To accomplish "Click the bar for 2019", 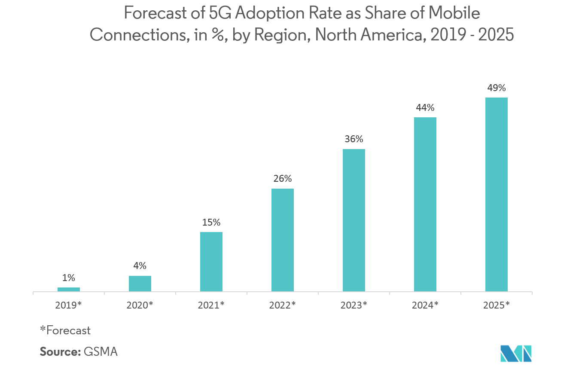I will pyautogui.click(x=69, y=290).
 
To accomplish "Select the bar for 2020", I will pyautogui.click(x=140, y=284).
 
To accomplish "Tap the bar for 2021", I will pyautogui.click(x=211, y=262).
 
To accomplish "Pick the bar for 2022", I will pyautogui.click(x=283, y=240).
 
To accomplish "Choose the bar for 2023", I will pyautogui.click(x=354, y=220).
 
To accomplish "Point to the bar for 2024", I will pyautogui.click(x=425, y=205).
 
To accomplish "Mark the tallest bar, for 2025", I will pyautogui.click(x=497, y=195).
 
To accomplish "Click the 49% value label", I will pyautogui.click(x=497, y=88).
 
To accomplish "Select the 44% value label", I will pyautogui.click(x=425, y=107).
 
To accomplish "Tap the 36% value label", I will pyautogui.click(x=354, y=139).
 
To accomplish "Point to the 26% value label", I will pyautogui.click(x=283, y=179).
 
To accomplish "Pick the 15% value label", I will pyautogui.click(x=211, y=222).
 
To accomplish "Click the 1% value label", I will pyautogui.click(x=69, y=278).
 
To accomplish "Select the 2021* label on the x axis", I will pyautogui.click(x=211, y=305).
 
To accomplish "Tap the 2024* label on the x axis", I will pyautogui.click(x=425, y=305).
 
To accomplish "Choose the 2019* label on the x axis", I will pyautogui.click(x=69, y=305).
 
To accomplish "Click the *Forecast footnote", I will pyautogui.click(x=65, y=330).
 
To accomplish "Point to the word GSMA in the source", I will pyautogui.click(x=101, y=351).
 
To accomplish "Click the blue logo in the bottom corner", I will pyautogui.click(x=516, y=353).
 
